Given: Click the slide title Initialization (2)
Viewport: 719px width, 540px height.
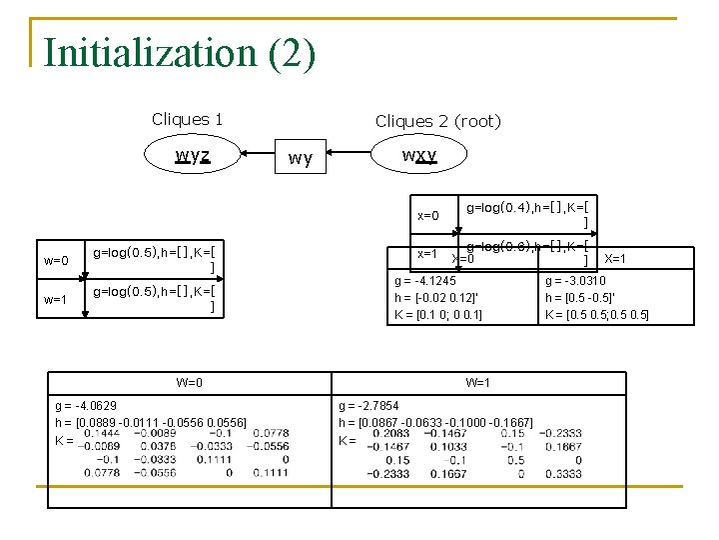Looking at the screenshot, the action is [x=180, y=52].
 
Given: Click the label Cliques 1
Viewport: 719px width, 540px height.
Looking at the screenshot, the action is [x=187, y=119].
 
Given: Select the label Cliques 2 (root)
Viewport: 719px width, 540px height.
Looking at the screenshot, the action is [x=437, y=121].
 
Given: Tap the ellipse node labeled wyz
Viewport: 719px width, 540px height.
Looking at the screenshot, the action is [x=193, y=156].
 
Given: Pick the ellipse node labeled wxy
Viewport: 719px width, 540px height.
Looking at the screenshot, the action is [x=419, y=156].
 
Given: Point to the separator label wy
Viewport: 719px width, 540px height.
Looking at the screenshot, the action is [x=300, y=158].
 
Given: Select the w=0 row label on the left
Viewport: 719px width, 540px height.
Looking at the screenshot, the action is [x=57, y=261].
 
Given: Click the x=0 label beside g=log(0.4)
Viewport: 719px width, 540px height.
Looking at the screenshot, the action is [x=428, y=215].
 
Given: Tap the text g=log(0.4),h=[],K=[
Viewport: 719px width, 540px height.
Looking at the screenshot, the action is [x=527, y=207].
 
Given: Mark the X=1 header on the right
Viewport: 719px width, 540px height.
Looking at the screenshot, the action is [x=616, y=259].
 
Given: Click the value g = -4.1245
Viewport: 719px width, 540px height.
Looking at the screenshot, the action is [x=425, y=280].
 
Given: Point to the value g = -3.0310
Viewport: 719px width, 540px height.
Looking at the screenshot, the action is [x=575, y=280].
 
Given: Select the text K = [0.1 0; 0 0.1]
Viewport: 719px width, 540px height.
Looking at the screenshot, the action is [x=438, y=315].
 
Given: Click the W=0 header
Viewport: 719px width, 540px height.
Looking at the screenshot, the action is [x=190, y=382].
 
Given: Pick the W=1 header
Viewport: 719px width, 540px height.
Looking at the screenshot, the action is [x=478, y=382].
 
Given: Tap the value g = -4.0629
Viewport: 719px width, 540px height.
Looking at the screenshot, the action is [x=86, y=406].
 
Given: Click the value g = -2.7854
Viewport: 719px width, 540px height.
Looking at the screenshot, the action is [x=368, y=406].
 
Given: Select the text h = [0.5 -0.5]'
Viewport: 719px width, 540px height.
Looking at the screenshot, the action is [x=580, y=298].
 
